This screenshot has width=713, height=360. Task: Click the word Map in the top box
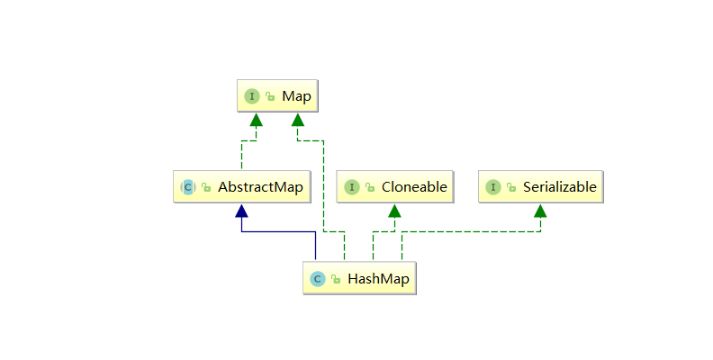tap(296, 96)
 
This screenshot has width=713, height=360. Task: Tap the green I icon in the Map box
tap(252, 96)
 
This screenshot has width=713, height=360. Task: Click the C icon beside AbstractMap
tap(188, 187)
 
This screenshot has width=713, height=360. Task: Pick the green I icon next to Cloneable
tap(351, 187)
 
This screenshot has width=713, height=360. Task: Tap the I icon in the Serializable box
tap(493, 187)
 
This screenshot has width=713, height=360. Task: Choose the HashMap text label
tap(378, 279)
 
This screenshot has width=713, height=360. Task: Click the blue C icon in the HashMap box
tap(318, 279)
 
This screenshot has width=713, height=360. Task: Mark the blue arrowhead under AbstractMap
tap(241, 211)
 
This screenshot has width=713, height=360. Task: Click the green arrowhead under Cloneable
tap(394, 211)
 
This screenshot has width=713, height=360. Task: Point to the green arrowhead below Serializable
tap(539, 211)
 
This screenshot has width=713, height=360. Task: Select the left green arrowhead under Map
tap(256, 120)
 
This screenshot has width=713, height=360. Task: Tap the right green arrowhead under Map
tap(298, 120)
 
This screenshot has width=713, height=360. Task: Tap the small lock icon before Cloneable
tap(369, 188)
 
